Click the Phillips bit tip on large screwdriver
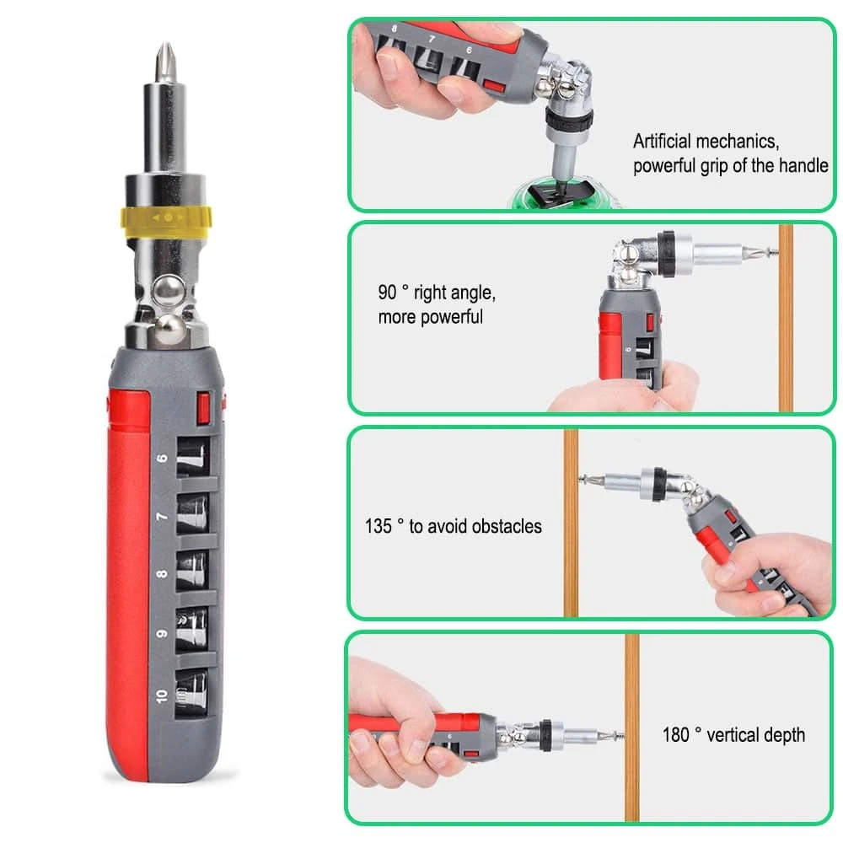click(x=163, y=61)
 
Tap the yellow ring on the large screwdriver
click(x=167, y=217)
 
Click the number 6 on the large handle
click(x=162, y=459)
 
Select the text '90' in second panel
click(x=387, y=293)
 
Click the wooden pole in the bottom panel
click(x=631, y=759)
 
